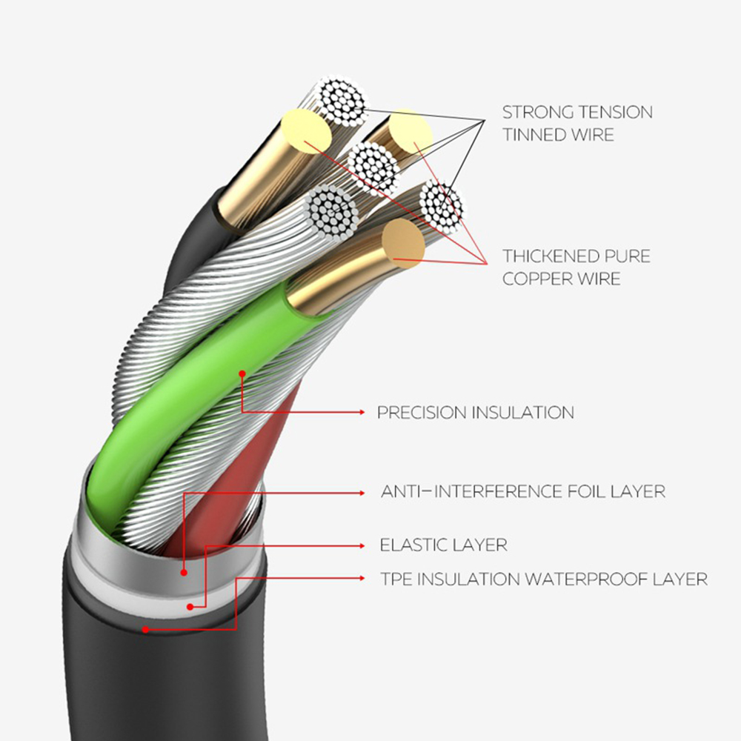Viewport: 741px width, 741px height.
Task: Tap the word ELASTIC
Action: (x=411, y=545)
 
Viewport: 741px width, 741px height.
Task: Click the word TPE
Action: (x=396, y=579)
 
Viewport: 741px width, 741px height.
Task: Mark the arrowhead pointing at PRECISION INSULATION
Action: (x=361, y=412)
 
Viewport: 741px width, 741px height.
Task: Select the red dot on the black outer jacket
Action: (x=146, y=630)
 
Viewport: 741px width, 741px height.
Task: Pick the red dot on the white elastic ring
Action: (x=190, y=607)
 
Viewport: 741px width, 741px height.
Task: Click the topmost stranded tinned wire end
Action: (x=340, y=100)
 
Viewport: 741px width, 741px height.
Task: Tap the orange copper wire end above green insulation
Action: (x=404, y=243)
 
